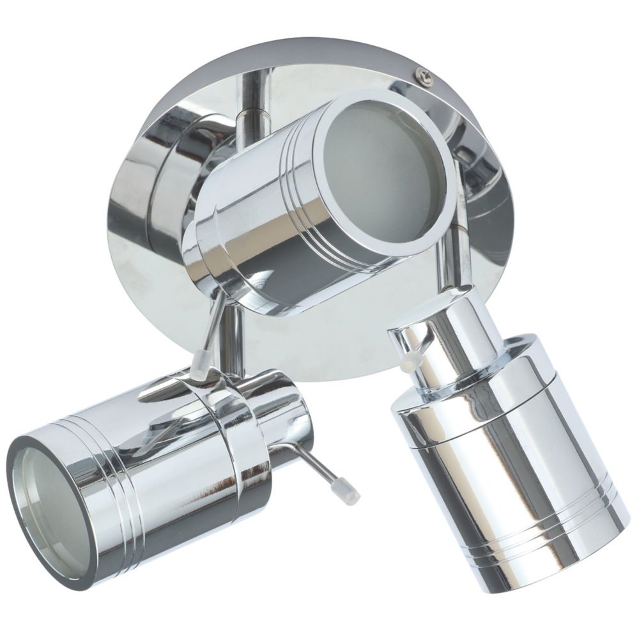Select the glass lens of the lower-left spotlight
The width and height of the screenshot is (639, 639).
tap(42, 498)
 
